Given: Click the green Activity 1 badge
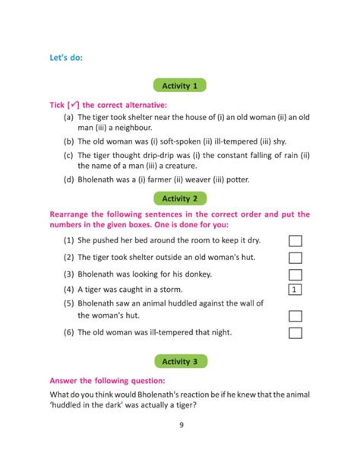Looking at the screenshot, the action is [180, 86].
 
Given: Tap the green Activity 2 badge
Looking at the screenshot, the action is [180, 198].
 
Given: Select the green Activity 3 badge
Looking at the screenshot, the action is [180, 361].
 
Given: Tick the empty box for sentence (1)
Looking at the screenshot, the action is [296, 240].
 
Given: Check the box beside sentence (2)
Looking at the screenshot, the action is [296, 258].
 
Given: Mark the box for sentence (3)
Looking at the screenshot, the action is [296, 274].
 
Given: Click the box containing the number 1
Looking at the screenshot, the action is [296, 290].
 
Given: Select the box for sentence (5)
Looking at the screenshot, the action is [296, 315].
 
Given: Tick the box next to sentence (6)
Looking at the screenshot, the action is [296, 332].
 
